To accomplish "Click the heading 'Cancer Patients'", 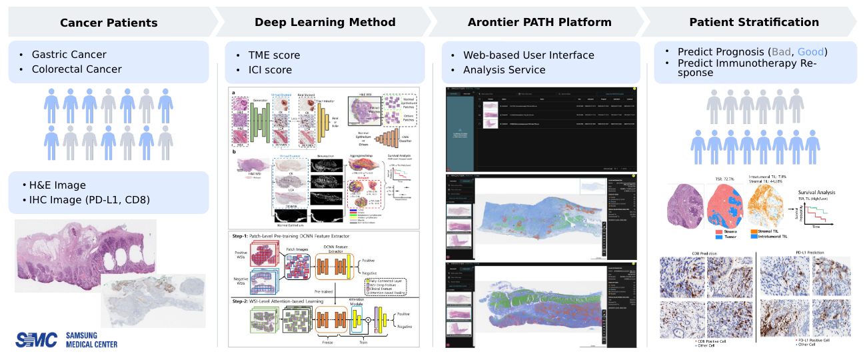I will (x=109, y=23).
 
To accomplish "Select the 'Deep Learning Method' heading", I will (x=325, y=22).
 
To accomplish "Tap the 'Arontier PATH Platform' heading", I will (x=539, y=22).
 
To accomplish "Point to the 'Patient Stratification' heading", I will (x=754, y=22).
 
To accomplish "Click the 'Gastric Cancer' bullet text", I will (x=69, y=55).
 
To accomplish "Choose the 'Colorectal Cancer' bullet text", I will (x=77, y=69).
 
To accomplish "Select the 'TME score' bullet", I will (x=274, y=55).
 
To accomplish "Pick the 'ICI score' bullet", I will (x=269, y=70).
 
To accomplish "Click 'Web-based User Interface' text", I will (x=528, y=55).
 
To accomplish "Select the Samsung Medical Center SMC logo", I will (x=37, y=340).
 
